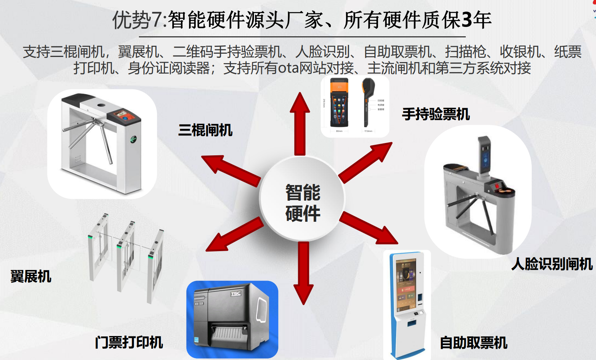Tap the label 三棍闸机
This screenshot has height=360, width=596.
click(205, 130)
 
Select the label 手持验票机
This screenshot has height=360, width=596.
click(436, 114)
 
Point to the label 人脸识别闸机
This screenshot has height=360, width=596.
click(552, 264)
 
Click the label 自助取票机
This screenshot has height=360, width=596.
click(473, 343)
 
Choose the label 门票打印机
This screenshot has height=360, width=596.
click(129, 342)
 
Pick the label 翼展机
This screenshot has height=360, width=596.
click(31, 277)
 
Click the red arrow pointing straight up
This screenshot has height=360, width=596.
click(300, 123)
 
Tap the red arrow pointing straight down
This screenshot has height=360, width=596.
click(303, 272)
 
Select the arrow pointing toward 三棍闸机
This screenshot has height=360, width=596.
click(230, 168)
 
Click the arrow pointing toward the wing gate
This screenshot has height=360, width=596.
click(234, 234)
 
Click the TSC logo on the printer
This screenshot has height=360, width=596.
click(236, 294)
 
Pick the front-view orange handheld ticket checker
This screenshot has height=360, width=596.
click(339, 103)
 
